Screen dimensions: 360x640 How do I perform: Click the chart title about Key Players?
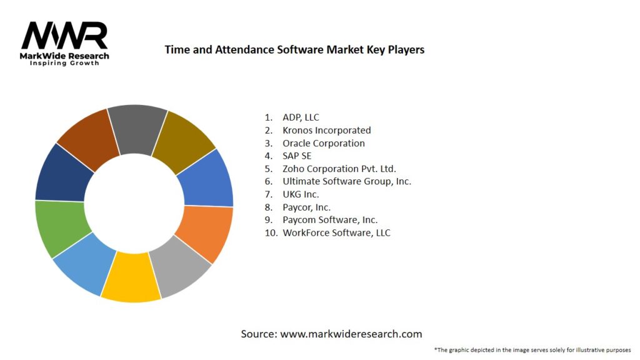pos(294,49)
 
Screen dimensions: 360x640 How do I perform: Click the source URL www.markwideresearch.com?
pos(351,334)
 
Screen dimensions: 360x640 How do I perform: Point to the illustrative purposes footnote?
pos(532,350)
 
